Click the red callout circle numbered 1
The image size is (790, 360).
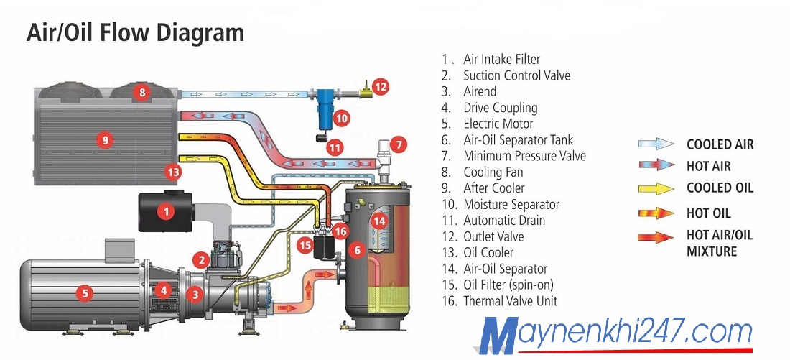pyautogui.click(x=167, y=211)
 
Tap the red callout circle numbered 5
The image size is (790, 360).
pyautogui.click(x=85, y=292)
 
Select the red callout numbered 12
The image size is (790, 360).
pyautogui.click(x=381, y=87)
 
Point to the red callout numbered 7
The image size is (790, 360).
pyautogui.click(x=399, y=143)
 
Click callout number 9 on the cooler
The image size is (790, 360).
pyautogui.click(x=106, y=140)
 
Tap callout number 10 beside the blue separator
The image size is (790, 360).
pyautogui.click(x=342, y=118)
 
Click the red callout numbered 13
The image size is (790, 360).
pyautogui.click(x=173, y=172)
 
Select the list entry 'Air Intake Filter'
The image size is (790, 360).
pyautogui.click(x=501, y=59)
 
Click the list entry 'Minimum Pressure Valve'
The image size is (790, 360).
pyautogui.click(x=524, y=156)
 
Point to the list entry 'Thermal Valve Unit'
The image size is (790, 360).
pyautogui.click(x=510, y=301)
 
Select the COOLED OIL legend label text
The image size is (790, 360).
pyautogui.click(x=720, y=188)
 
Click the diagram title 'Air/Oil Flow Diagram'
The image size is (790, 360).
pyautogui.click(x=135, y=33)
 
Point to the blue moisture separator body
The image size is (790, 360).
pyautogui.click(x=324, y=106)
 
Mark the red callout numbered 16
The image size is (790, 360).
pyautogui.click(x=340, y=231)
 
